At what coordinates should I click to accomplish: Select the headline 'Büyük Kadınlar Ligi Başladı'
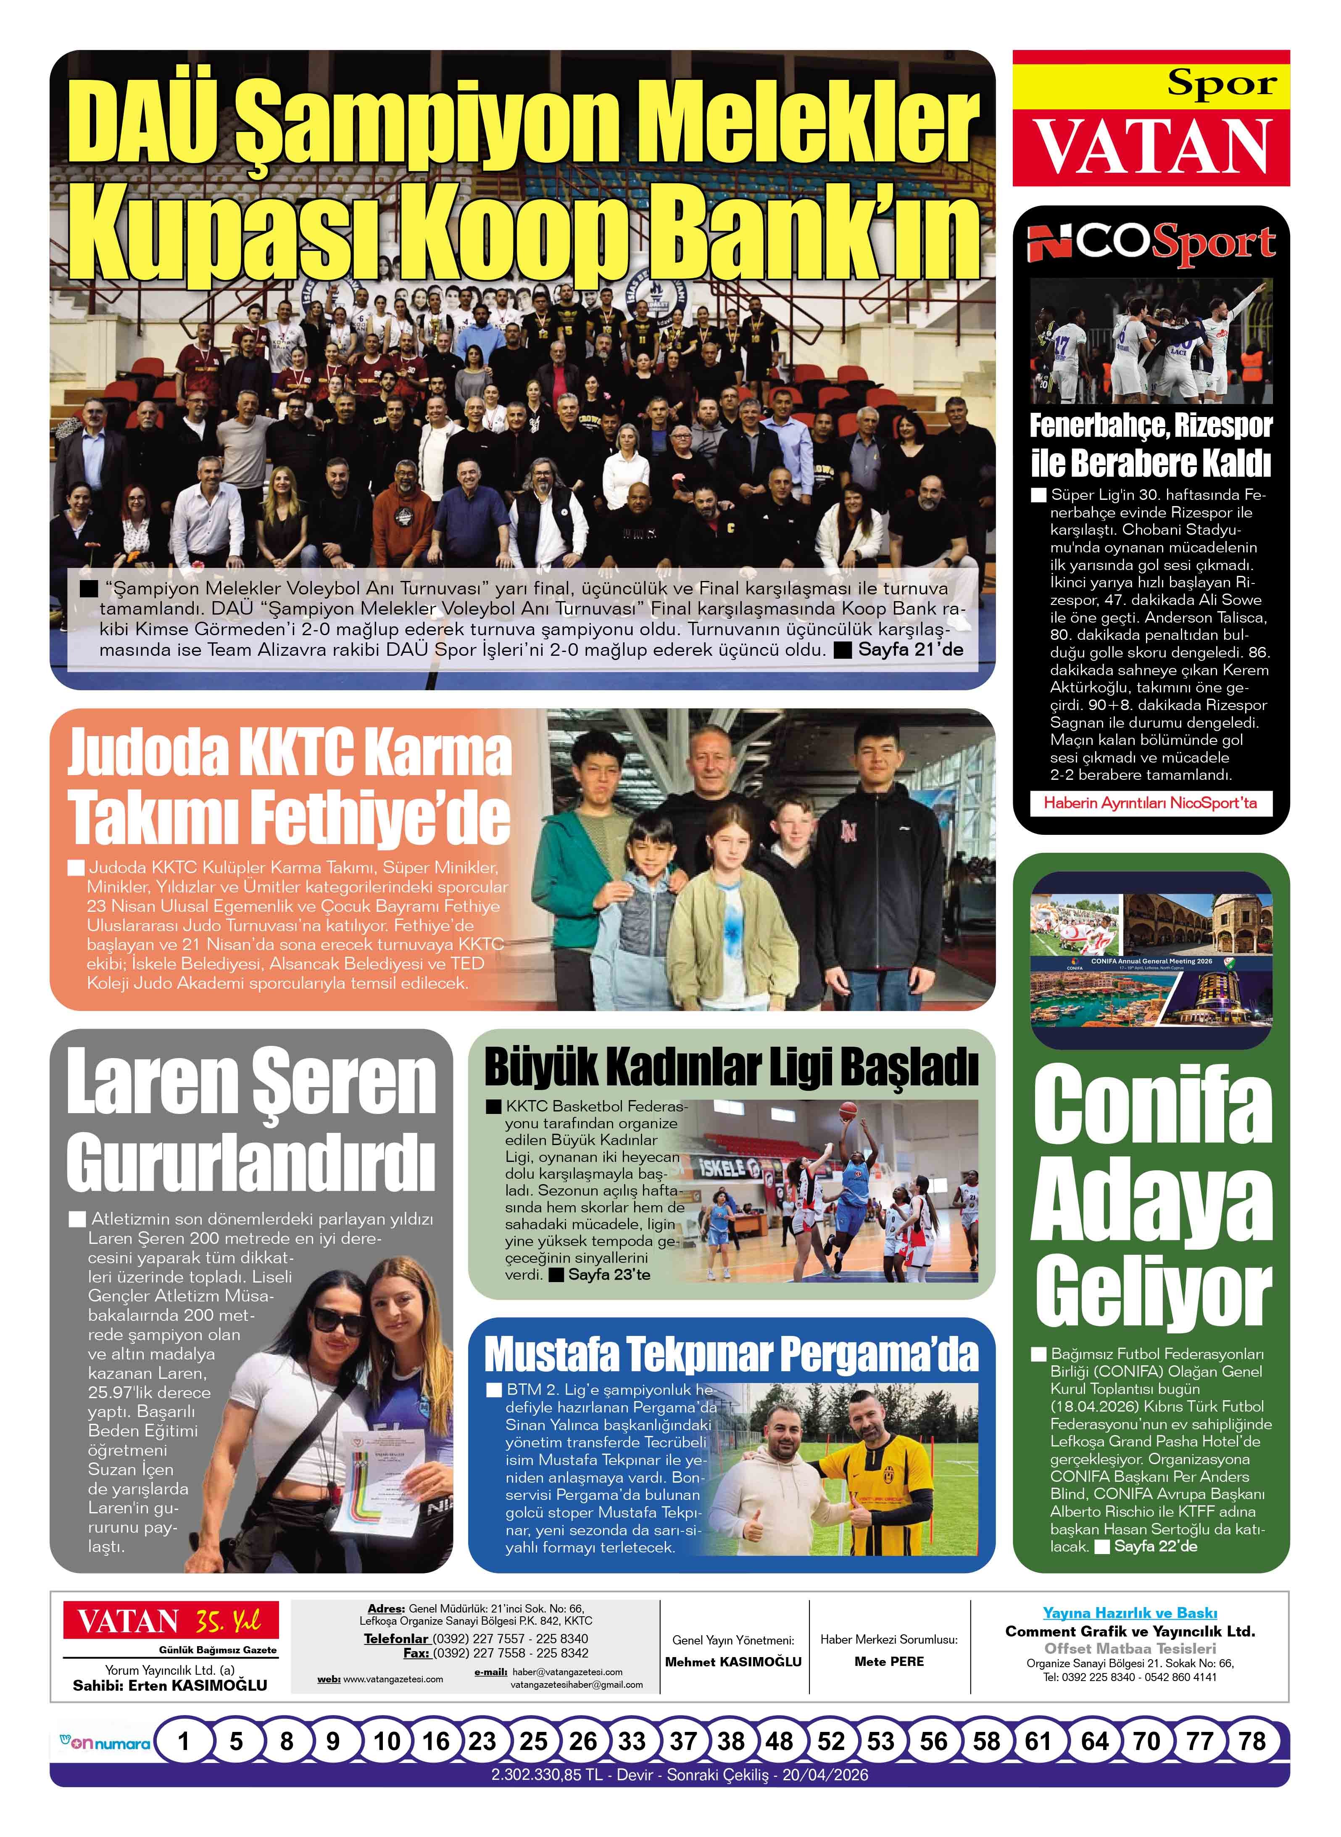730,1068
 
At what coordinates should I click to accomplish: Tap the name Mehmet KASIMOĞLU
733,1662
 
